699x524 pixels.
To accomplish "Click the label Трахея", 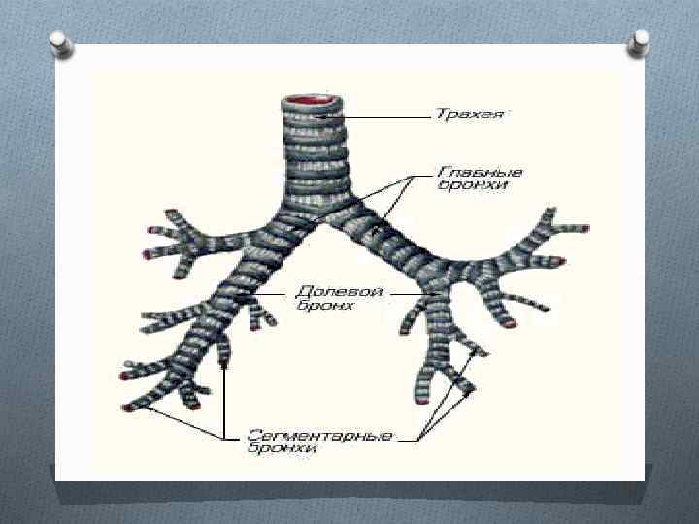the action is coord(469,115).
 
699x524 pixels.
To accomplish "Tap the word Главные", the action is coord(466,169).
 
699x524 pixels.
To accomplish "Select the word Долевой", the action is coord(326,291).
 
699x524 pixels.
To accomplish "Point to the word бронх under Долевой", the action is coord(324,306).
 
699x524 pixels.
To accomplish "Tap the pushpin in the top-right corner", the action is coord(640,40).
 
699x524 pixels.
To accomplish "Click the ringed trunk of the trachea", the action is coord(309,155).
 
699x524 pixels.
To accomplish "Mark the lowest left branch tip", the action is coord(128,409).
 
